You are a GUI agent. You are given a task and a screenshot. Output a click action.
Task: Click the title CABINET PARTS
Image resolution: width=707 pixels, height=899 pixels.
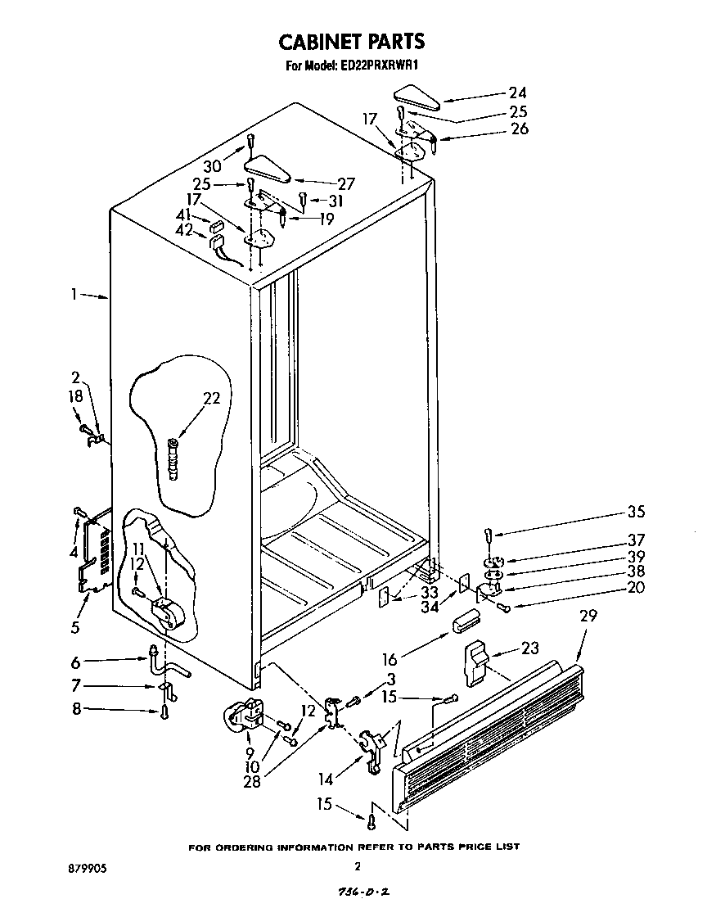click(352, 41)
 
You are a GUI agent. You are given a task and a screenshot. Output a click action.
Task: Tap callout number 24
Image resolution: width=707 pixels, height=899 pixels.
click(517, 93)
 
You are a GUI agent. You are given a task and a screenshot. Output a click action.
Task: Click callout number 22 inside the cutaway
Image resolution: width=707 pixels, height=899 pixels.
click(211, 398)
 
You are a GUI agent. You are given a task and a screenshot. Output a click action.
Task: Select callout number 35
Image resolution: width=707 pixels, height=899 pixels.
click(635, 513)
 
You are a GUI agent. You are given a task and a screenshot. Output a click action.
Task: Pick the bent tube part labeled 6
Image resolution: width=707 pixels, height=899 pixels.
click(164, 662)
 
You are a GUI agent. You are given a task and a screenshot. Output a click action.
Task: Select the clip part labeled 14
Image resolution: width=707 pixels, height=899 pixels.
click(373, 747)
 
